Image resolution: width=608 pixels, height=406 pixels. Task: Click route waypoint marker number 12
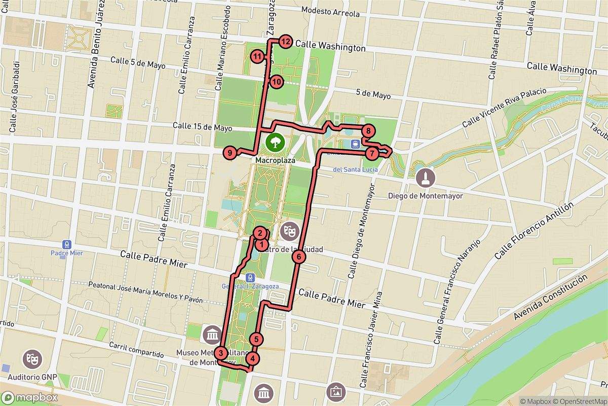point(285,42)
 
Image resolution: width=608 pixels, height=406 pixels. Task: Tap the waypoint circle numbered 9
point(230,152)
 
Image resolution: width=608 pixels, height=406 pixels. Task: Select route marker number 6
point(299,257)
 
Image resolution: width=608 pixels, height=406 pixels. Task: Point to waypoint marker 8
point(369,131)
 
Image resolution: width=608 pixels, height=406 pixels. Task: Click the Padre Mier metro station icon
point(66,244)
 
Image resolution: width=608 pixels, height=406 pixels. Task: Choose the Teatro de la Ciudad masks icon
point(290,231)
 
